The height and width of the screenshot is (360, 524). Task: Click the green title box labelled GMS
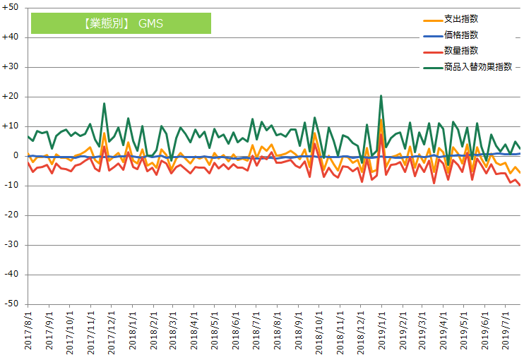pos(121,23)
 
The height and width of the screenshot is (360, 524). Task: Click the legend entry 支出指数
pos(465,18)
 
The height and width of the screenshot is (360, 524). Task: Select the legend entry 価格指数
pos(465,35)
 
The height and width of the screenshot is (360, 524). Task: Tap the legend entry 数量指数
pos(465,51)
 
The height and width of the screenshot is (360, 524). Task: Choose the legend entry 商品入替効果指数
pos(477,67)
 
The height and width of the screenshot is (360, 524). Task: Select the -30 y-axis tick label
pos(12,245)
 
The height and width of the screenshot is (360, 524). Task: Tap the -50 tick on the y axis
pos(12,304)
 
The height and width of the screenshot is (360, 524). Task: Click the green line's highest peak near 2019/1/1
pos(381,96)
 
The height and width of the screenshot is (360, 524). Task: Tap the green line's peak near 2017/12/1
pos(104,104)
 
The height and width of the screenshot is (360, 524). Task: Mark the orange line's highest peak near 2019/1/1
pos(381,120)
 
